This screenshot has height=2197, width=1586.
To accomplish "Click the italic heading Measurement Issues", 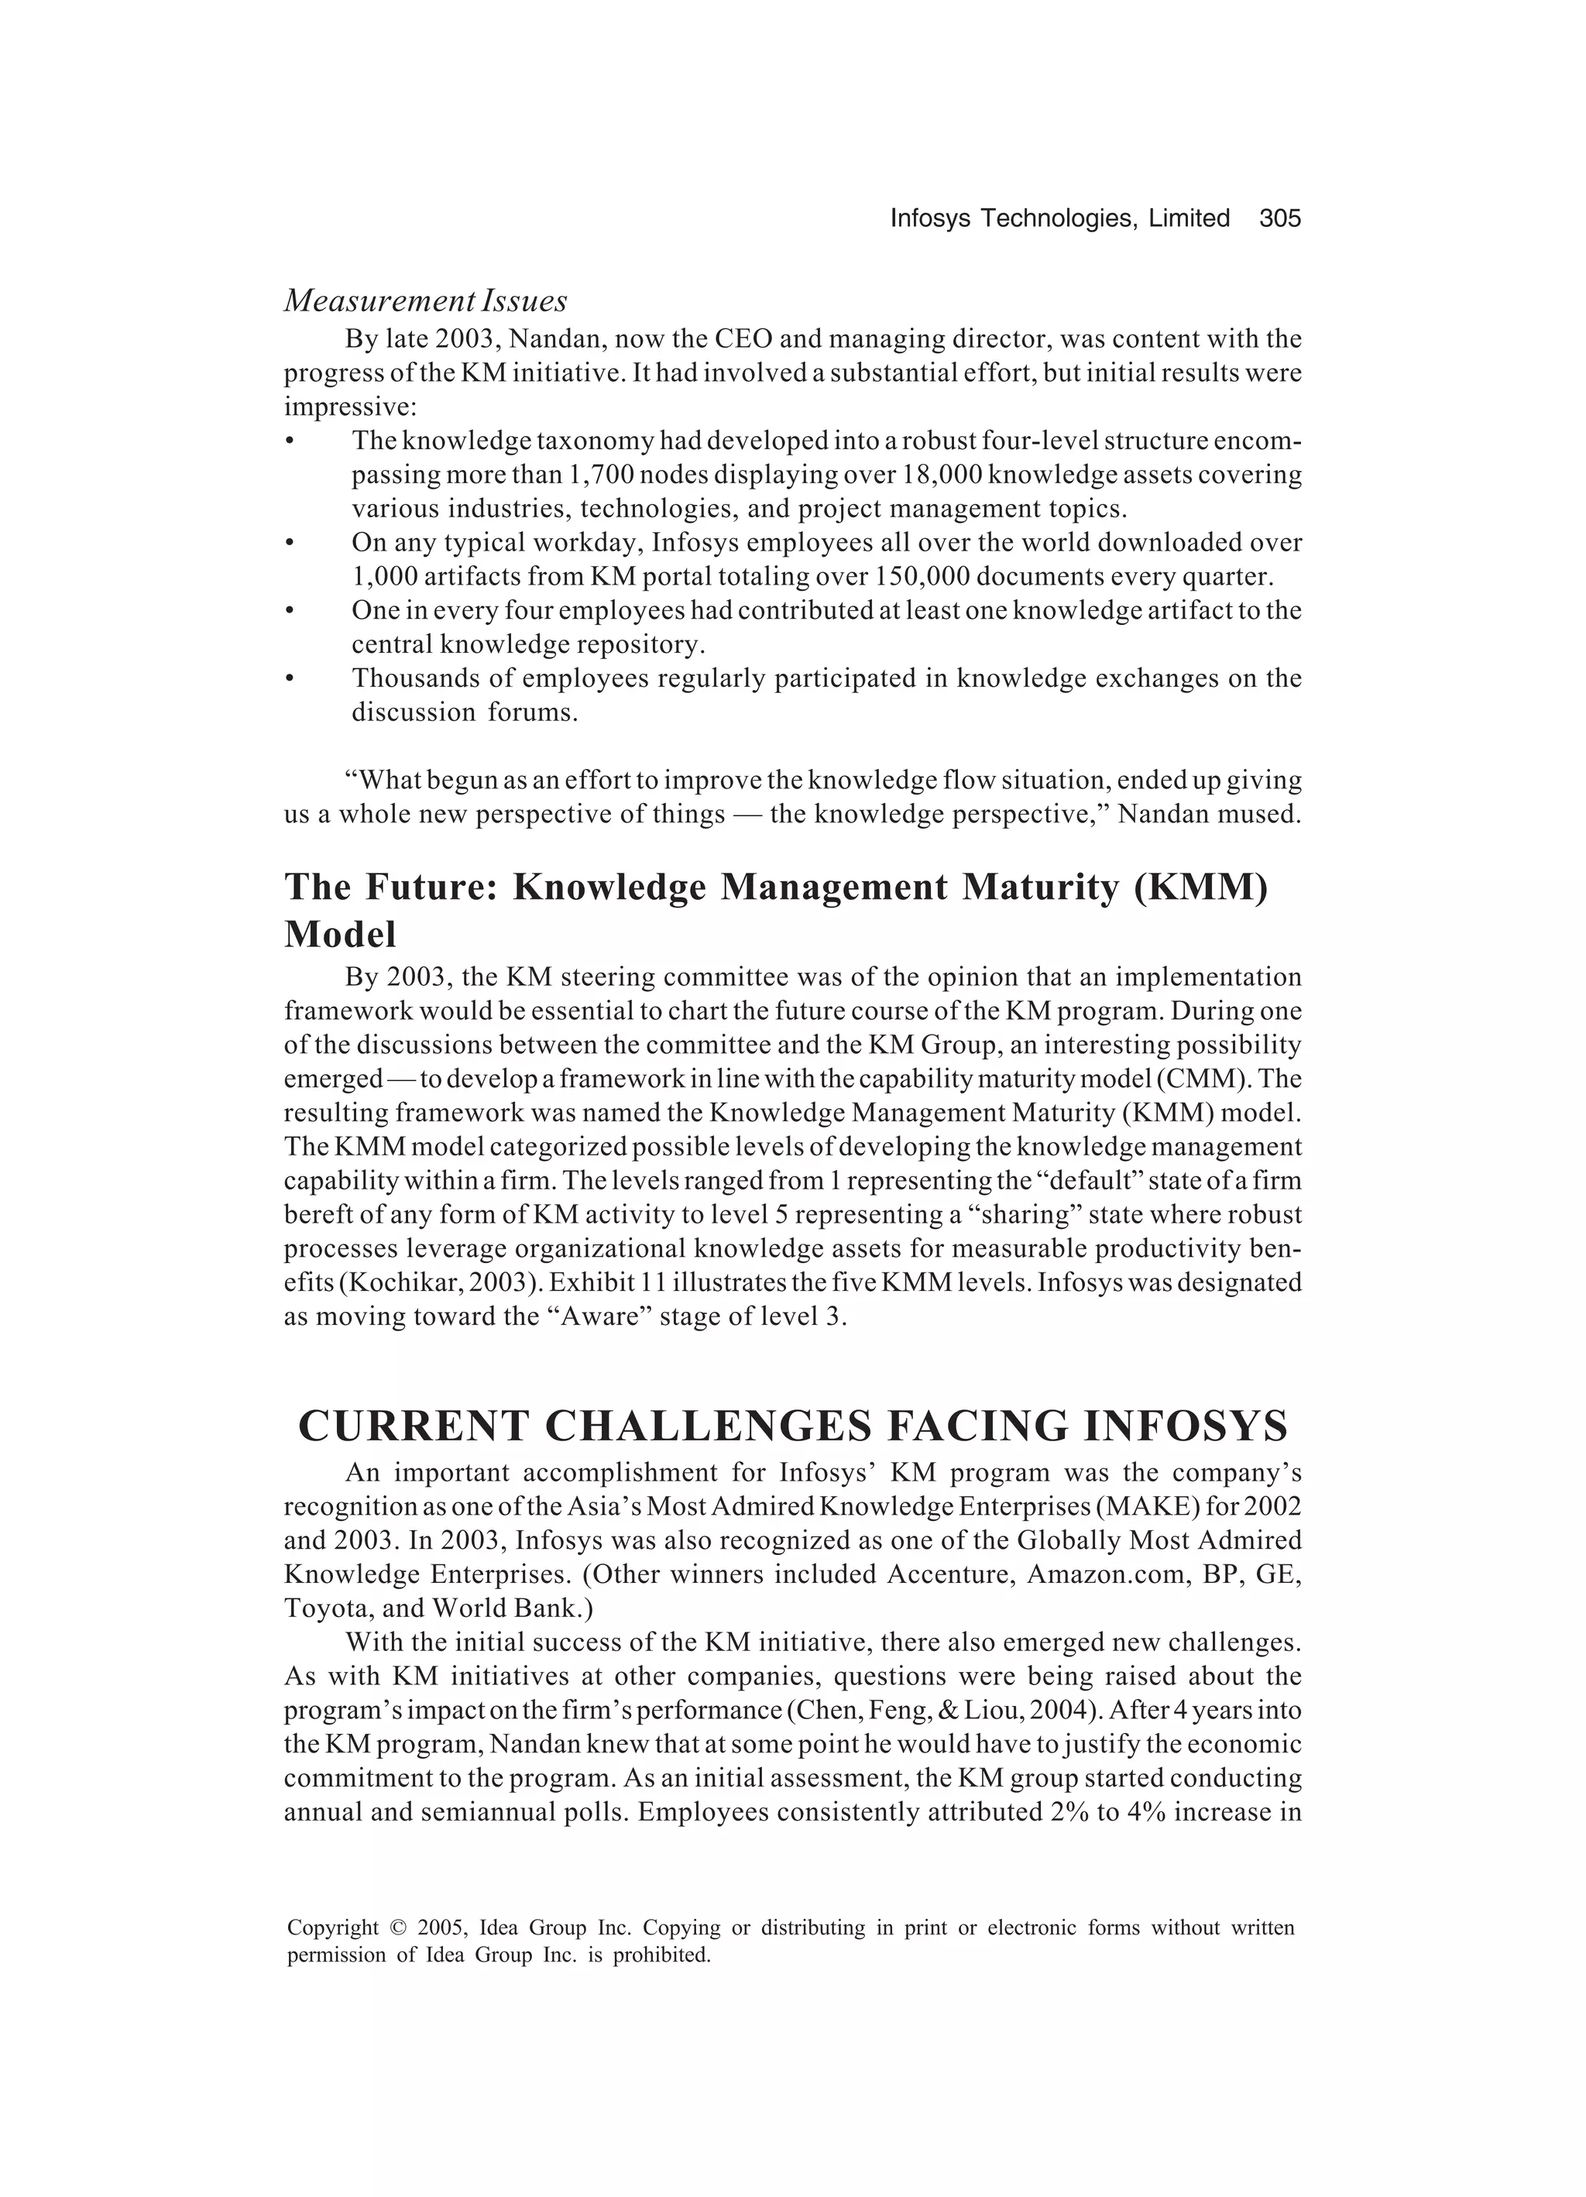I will coord(425,301).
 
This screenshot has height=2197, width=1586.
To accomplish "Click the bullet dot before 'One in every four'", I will coord(290,611).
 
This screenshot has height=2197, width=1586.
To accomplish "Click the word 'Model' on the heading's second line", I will coord(340,935).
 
